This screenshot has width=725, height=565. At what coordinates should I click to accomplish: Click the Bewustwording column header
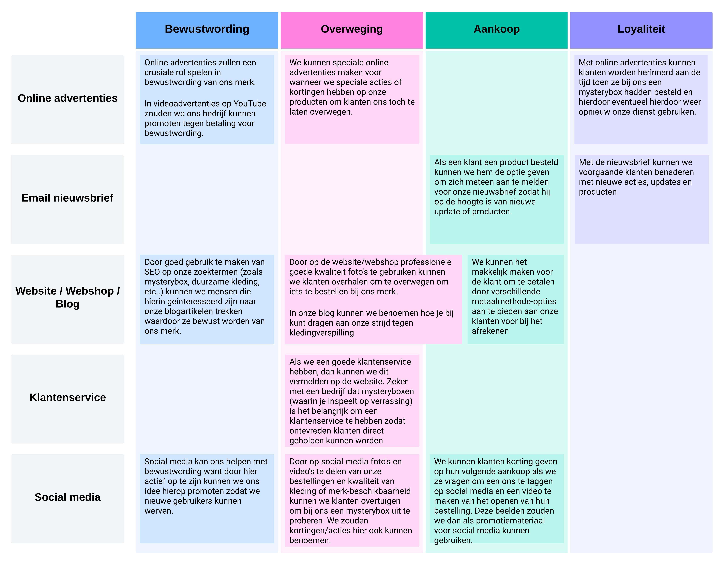207,29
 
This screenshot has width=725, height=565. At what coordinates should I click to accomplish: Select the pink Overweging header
352,29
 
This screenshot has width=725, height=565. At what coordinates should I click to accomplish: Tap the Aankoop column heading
496,29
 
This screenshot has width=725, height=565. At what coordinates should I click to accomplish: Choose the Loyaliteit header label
641,29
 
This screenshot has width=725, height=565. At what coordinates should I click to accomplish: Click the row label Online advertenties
67,98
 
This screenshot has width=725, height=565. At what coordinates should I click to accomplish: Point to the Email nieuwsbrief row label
67,198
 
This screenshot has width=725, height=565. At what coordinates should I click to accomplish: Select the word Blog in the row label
67,304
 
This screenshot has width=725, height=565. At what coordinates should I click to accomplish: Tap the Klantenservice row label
67,397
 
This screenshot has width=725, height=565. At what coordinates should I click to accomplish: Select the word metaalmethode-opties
514,302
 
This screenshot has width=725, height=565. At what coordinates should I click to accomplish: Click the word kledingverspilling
321,333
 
